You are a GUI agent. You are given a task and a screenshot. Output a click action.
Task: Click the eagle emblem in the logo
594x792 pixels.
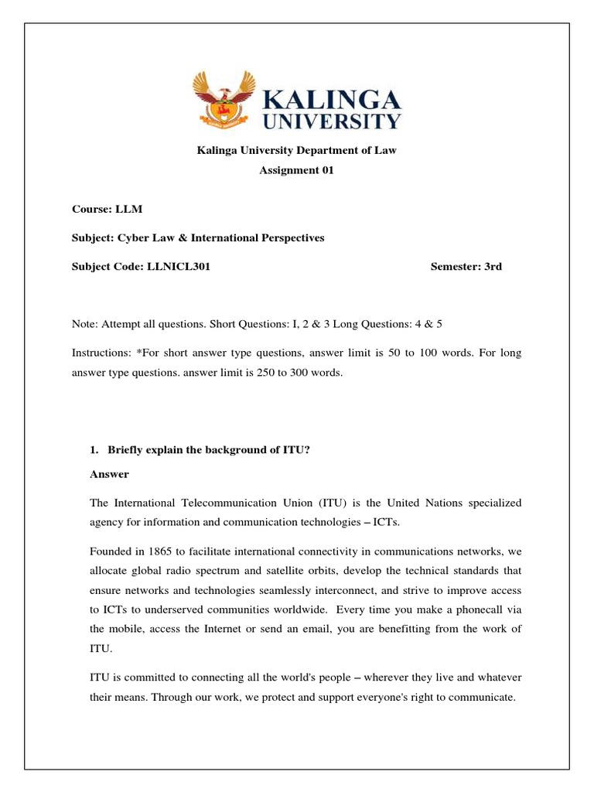[225, 100]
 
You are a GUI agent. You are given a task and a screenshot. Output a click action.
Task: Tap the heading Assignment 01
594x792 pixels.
[296, 171]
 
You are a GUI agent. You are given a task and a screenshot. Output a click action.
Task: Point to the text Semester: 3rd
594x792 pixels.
[466, 267]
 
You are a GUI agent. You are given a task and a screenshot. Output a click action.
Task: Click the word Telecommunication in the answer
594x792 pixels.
[216, 503]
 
